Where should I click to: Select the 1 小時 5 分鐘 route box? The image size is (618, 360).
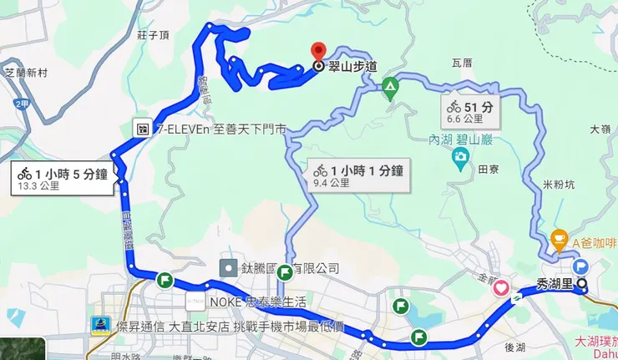[63, 178]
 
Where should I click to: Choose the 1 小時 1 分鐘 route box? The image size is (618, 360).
[358, 175]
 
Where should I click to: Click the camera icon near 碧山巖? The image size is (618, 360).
[459, 157]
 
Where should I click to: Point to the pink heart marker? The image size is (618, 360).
[501, 288]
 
